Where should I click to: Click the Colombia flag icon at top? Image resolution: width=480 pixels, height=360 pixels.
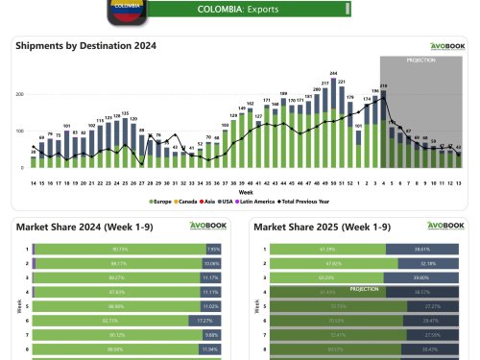[126, 9]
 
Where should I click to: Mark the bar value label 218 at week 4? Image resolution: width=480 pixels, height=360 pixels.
[383, 86]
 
